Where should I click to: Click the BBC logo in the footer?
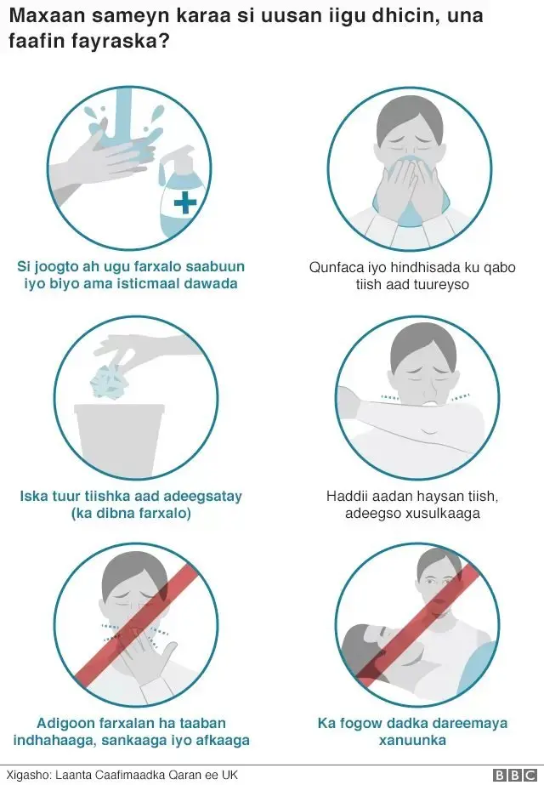coord(515,775)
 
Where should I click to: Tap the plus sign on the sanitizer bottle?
coord(185,202)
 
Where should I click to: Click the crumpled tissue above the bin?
coord(108,383)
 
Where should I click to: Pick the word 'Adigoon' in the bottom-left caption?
coord(63,723)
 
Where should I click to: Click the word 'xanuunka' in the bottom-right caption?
coord(412,740)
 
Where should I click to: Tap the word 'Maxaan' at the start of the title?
coord(41,16)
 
